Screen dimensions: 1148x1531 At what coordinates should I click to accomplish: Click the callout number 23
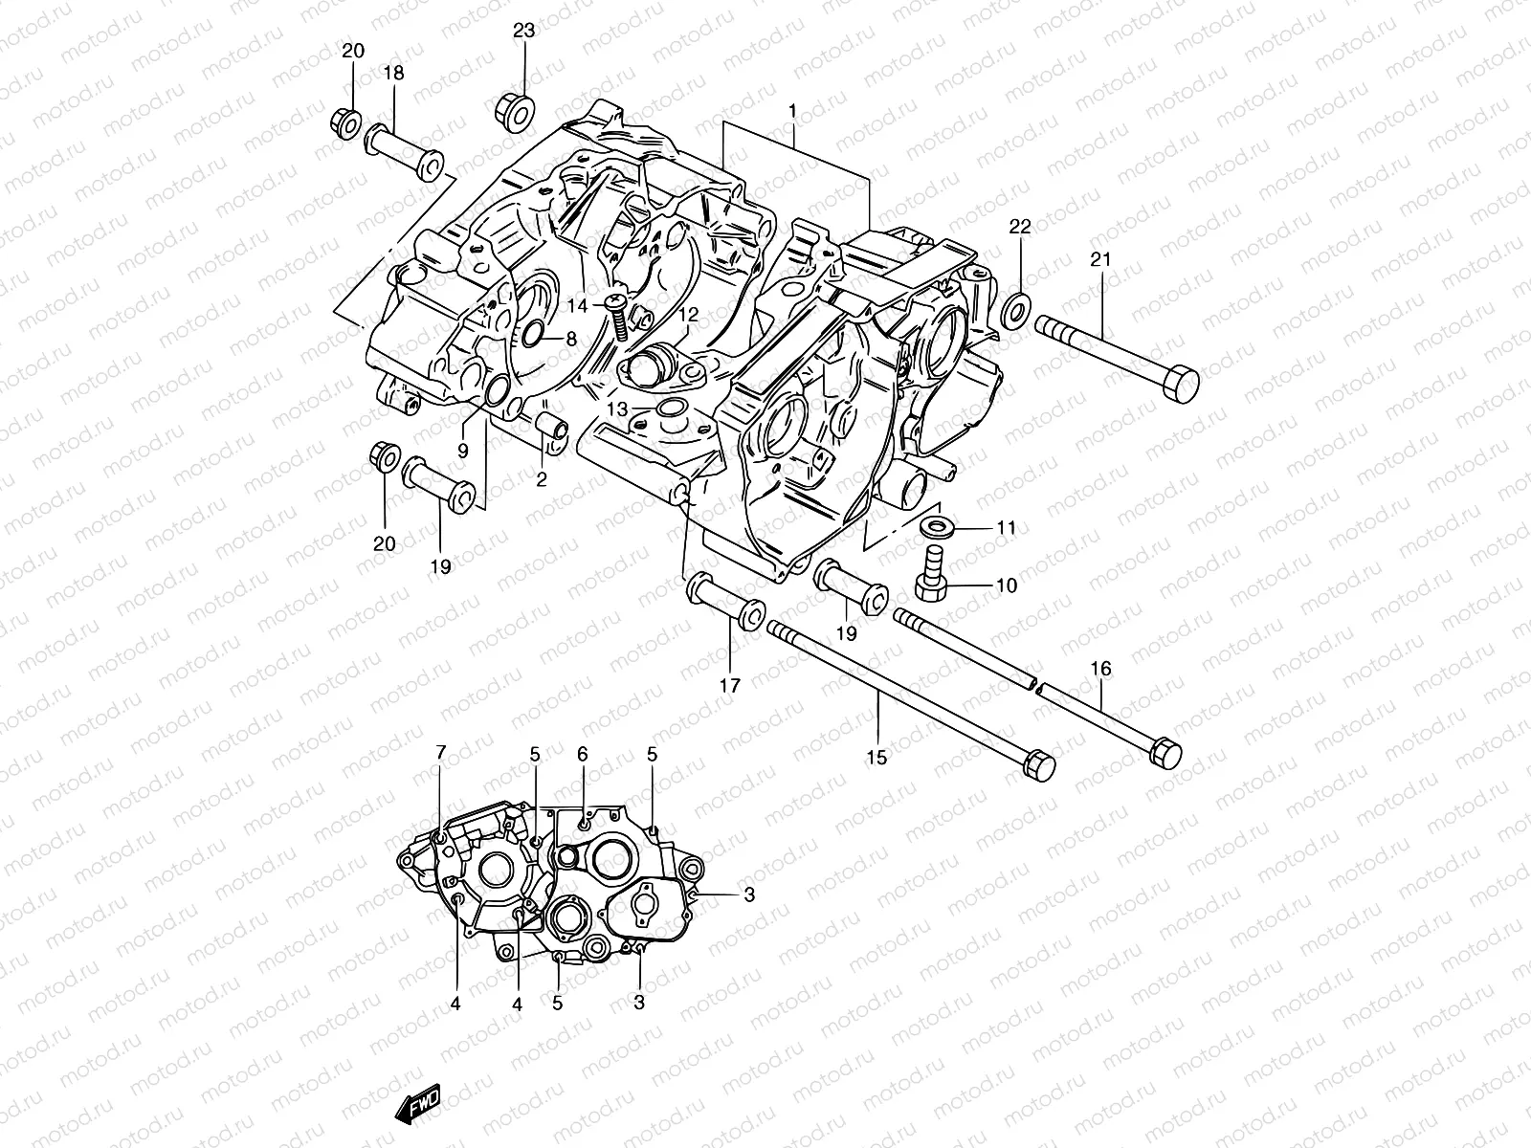point(523,31)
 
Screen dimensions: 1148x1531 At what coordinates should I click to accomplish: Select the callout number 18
point(393,74)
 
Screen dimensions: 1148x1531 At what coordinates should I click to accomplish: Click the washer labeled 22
point(1017,309)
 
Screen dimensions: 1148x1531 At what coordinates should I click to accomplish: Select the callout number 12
point(689,314)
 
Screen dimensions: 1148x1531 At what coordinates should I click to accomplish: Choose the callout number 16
point(1101,669)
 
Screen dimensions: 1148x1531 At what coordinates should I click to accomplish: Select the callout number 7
point(440,753)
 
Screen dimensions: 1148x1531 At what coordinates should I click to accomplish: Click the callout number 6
point(583,755)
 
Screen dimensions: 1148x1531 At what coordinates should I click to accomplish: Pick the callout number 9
point(462,450)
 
